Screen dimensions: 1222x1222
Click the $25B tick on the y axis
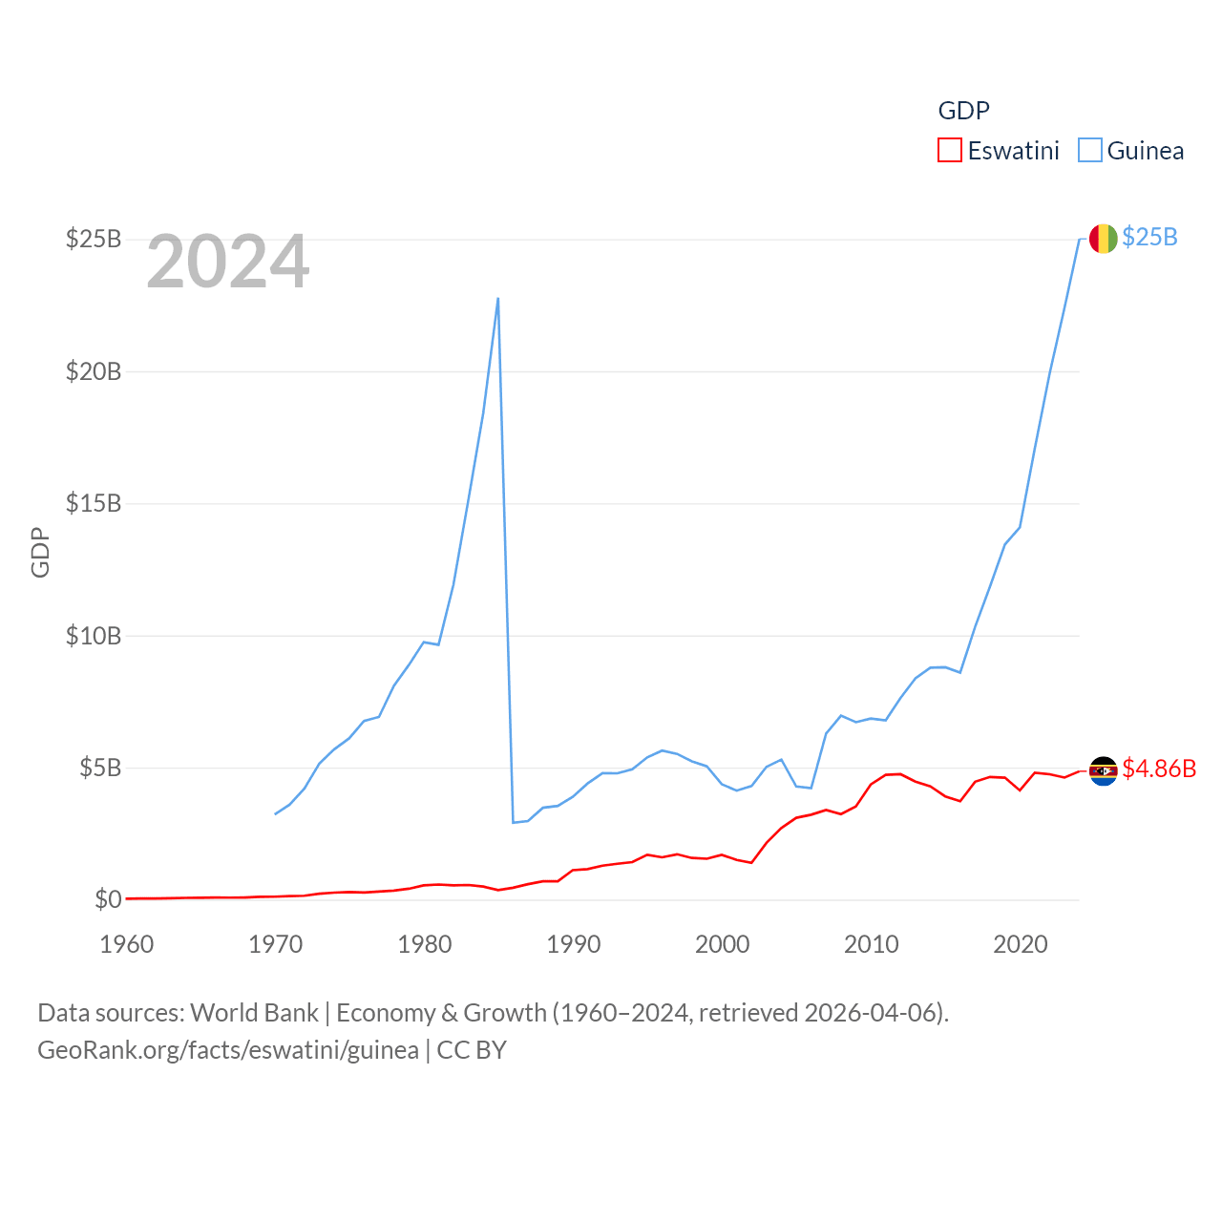tap(94, 239)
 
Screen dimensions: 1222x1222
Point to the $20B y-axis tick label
tap(94, 371)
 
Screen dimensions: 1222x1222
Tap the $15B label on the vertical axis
tap(94, 503)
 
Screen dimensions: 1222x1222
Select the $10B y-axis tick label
tap(94, 636)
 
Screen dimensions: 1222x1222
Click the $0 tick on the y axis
tap(108, 899)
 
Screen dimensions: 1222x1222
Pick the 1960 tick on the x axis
tap(127, 944)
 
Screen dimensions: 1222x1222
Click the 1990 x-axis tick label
tap(574, 944)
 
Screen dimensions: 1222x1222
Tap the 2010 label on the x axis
tap(872, 944)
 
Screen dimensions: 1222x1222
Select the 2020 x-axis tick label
tap(1021, 944)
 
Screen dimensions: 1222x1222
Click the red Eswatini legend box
tap(949, 151)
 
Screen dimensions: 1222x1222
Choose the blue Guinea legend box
tap(1089, 151)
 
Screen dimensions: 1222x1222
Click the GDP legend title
tap(963, 111)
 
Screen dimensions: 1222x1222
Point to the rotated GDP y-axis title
tap(40, 552)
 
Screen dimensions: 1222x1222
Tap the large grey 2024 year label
tap(228, 262)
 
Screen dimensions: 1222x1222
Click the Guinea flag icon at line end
tap(1103, 239)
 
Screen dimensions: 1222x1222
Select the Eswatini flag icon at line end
tap(1103, 770)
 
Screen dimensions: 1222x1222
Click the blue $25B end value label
tap(1149, 237)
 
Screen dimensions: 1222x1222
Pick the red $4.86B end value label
tap(1159, 769)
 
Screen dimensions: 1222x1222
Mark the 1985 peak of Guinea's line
tap(498, 299)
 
